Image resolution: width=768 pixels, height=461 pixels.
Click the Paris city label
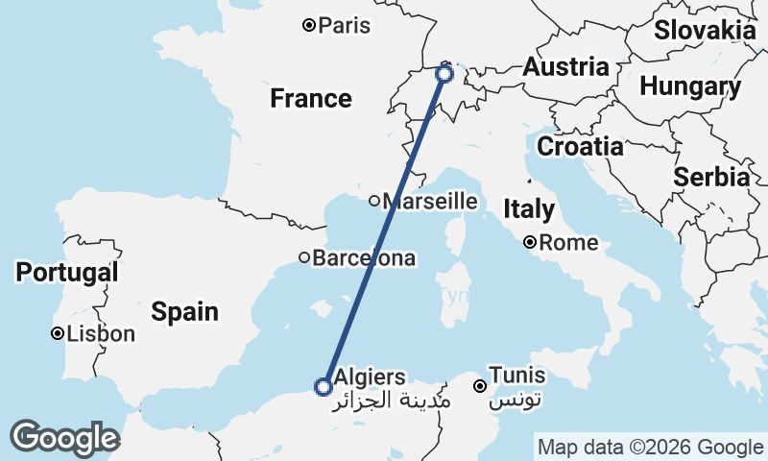click(x=345, y=26)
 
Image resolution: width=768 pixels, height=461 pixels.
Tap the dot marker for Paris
click(x=309, y=25)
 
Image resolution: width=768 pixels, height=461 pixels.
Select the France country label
click(x=310, y=98)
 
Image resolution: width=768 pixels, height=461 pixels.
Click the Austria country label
click(x=565, y=67)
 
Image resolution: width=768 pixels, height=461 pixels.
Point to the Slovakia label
click(x=705, y=30)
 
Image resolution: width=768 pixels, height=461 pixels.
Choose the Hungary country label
click(x=689, y=87)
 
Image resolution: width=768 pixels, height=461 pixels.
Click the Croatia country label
click(x=580, y=147)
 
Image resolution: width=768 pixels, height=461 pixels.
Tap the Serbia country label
click(x=710, y=177)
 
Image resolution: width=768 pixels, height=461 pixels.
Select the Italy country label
click(x=529, y=209)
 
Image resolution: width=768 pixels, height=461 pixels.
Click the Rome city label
click(x=568, y=243)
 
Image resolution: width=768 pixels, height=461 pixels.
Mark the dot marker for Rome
click(x=530, y=242)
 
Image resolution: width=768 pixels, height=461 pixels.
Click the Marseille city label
click(x=429, y=202)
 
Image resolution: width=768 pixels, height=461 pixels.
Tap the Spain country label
click(x=184, y=311)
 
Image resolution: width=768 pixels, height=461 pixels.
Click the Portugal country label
click(x=67, y=273)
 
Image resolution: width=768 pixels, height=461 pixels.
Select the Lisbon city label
click(x=102, y=334)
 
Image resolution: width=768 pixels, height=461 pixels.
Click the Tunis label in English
click(x=517, y=376)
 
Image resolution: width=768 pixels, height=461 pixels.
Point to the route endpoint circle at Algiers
click(x=324, y=387)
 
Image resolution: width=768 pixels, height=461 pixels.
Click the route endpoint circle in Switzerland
click(x=444, y=73)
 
